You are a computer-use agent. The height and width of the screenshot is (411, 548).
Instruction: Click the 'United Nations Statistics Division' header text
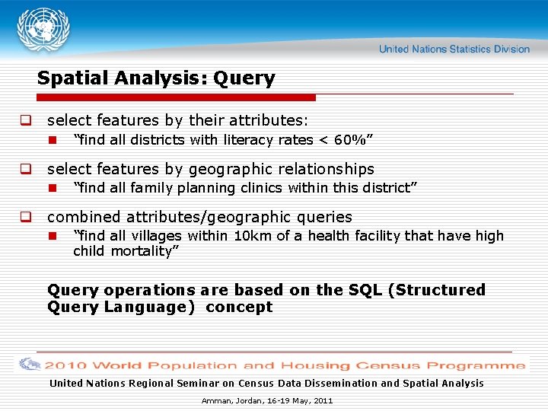(x=454, y=49)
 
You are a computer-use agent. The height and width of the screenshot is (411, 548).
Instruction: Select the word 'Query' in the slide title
(x=244, y=78)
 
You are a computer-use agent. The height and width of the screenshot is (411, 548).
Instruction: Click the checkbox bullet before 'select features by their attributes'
(x=25, y=120)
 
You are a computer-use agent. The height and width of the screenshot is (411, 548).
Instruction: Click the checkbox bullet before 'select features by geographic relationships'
(x=25, y=169)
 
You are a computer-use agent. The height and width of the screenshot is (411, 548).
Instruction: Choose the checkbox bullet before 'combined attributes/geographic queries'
(x=25, y=218)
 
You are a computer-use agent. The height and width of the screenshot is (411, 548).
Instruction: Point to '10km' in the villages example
(x=253, y=236)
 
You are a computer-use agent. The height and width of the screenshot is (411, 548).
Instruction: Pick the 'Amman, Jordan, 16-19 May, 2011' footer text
(x=267, y=400)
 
